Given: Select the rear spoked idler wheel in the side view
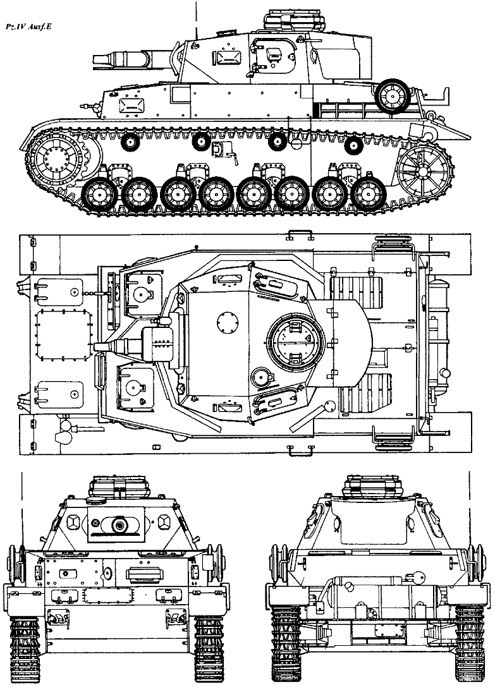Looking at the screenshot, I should [425, 169].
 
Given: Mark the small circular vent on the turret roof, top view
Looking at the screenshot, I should [224, 321].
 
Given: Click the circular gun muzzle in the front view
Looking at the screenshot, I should [118, 524].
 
